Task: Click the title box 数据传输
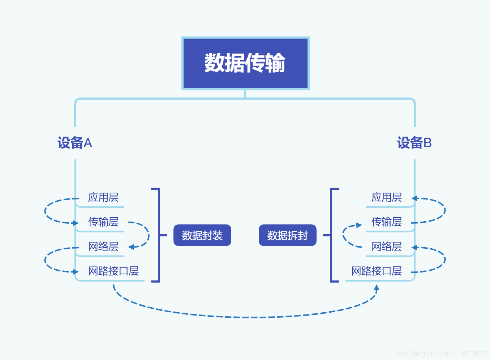point(245,63)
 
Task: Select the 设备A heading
point(75,143)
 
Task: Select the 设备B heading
point(414,143)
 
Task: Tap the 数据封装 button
point(202,235)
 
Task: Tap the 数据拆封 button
point(288,235)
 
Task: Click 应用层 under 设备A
point(103,197)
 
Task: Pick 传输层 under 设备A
point(103,222)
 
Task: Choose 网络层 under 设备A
point(103,247)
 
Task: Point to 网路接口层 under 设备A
point(113,271)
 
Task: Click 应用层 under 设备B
point(387,197)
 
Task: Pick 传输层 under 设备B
point(387,222)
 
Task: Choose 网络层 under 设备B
point(387,247)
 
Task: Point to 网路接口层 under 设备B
point(377,271)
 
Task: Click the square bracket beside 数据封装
point(158,235)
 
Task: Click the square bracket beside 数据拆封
point(331,235)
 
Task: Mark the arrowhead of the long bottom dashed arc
point(377,288)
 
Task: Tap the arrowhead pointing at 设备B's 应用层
point(415,198)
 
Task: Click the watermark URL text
point(442,353)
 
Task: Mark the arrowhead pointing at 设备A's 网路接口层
point(75,272)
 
